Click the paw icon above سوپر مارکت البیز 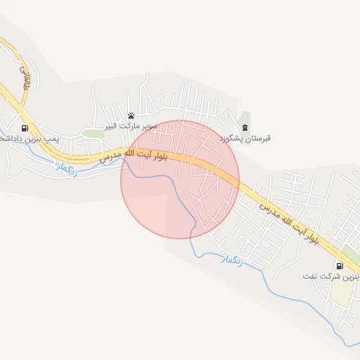(x=131, y=116)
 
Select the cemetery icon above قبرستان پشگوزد (x=245, y=127)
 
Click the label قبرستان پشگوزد (x=245, y=139)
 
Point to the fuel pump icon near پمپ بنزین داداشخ (x=25, y=129)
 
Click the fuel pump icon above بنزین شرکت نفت (x=340, y=266)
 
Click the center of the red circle (x=180, y=179)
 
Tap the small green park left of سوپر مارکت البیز (x=92, y=132)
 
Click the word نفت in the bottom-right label (x=310, y=277)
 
